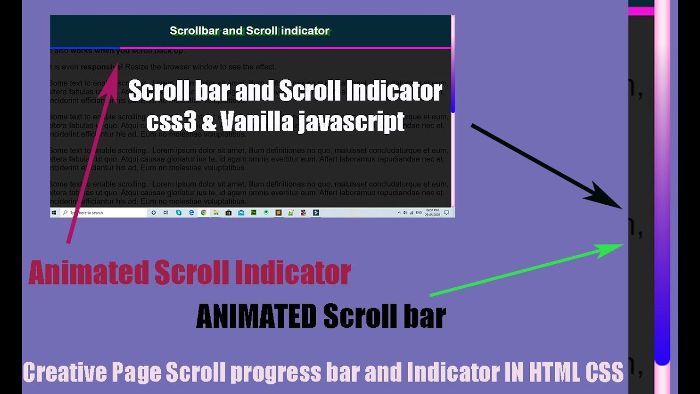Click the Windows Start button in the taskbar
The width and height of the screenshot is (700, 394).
(x=54, y=212)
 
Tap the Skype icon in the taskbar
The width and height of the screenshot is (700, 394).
(x=179, y=212)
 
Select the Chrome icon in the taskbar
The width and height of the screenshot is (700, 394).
(x=203, y=212)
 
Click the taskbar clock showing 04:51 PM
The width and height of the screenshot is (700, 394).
(x=432, y=212)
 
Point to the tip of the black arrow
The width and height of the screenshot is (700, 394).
(x=621, y=208)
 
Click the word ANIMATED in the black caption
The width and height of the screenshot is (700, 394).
(x=256, y=316)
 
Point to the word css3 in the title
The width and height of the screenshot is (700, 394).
(x=171, y=121)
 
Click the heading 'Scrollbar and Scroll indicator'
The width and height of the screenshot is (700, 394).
(x=249, y=31)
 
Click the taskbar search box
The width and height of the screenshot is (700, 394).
(x=104, y=212)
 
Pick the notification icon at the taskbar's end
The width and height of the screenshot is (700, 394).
(x=447, y=212)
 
